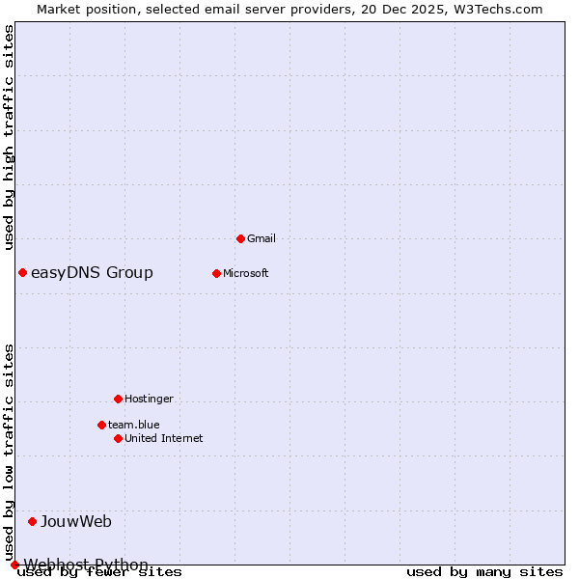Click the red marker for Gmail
(x=240, y=238)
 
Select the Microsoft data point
(x=216, y=273)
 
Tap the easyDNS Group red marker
(x=22, y=272)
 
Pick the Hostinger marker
(x=118, y=399)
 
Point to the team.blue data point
(x=101, y=425)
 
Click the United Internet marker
(x=118, y=438)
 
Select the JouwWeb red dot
(x=32, y=521)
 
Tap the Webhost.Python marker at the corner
(x=14, y=565)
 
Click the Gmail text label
(x=262, y=238)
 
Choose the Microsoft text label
(x=245, y=273)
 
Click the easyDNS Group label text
(x=92, y=272)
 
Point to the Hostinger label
(x=149, y=399)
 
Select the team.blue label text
(x=134, y=425)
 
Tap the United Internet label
(x=164, y=438)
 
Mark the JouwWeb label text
(x=76, y=522)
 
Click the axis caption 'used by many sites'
(x=484, y=572)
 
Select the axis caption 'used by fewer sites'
(x=100, y=572)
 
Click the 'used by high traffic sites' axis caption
(x=10, y=137)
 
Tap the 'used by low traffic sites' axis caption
(x=10, y=452)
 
